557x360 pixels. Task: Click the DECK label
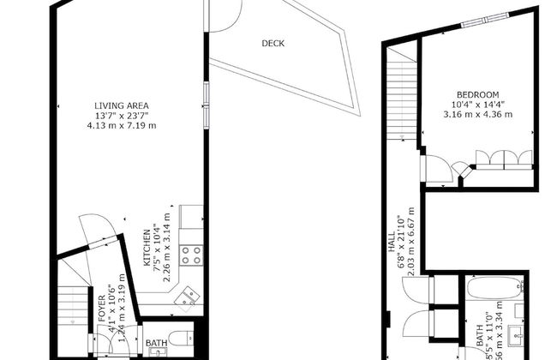273,44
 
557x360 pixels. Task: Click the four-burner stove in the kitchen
194,255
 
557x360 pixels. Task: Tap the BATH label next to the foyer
156,344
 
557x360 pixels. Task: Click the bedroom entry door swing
438,169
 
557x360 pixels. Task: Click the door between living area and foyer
93,232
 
